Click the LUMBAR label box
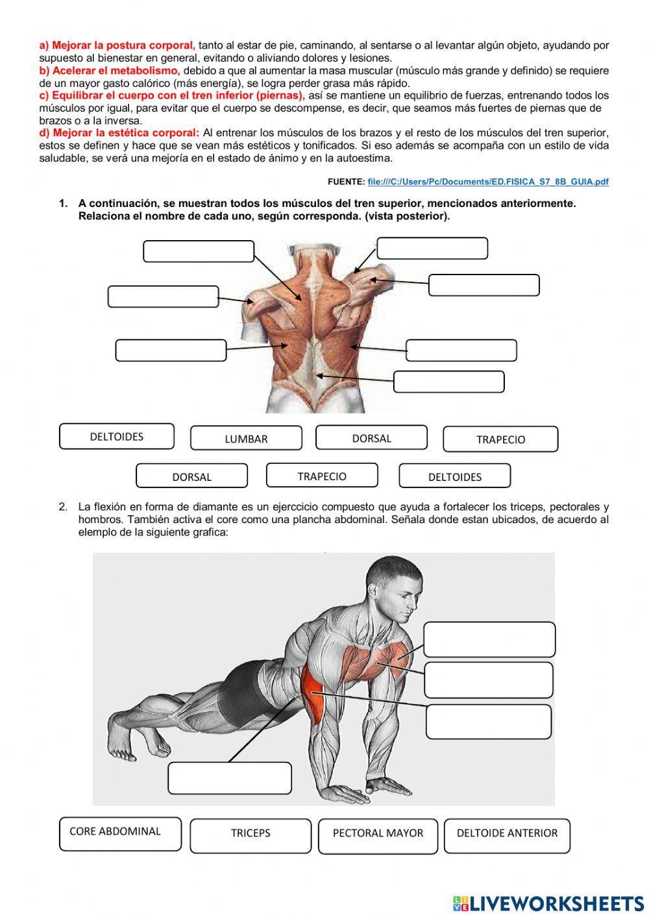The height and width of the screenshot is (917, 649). point(246,439)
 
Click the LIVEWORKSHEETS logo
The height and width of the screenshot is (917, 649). point(548,903)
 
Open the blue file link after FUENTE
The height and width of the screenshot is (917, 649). point(488,182)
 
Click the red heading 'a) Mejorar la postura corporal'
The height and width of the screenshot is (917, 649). point(117,45)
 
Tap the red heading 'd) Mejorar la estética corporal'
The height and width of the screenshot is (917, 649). point(119,133)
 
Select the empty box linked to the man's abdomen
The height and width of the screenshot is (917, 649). point(230,777)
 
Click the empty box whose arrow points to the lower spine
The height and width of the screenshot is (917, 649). point(448,382)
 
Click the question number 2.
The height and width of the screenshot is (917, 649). point(63,507)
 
